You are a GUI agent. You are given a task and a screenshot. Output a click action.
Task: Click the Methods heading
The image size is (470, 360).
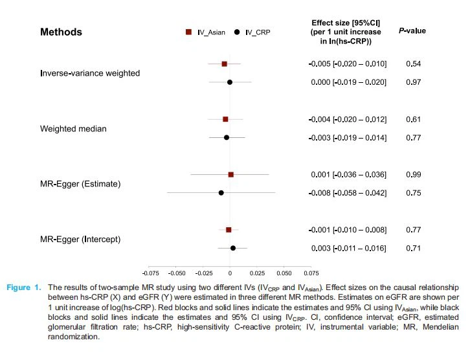(61, 32)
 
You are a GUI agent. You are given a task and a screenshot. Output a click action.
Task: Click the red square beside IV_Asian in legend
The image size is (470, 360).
(188, 32)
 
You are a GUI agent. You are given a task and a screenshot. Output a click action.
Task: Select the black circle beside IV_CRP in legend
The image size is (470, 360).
(238, 32)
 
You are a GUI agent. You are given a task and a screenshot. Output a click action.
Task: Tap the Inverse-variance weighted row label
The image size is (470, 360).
(90, 73)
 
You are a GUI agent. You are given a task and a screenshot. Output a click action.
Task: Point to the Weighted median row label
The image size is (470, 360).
(73, 129)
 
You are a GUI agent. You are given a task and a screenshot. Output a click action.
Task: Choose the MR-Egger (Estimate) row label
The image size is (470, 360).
(80, 184)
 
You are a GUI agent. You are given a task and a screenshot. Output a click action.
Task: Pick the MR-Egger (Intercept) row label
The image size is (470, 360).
(80, 240)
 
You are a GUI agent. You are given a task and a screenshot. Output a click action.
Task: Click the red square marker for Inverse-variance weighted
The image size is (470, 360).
(224, 64)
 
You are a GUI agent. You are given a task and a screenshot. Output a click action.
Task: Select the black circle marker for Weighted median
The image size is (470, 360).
(227, 138)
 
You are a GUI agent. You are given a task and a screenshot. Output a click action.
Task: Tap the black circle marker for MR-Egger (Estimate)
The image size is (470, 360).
(221, 193)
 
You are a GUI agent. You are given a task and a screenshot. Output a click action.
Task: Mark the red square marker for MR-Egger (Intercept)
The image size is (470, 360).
(229, 230)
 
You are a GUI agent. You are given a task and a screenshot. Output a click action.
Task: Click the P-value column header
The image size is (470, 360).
(412, 31)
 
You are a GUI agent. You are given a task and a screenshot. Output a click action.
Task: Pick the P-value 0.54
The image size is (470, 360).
(414, 64)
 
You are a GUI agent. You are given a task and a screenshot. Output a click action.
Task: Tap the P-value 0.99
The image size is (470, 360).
(414, 175)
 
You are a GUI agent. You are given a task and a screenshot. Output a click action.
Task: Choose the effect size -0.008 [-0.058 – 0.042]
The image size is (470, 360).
(348, 193)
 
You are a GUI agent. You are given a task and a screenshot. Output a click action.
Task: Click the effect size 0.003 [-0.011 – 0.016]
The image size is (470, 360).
(348, 249)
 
